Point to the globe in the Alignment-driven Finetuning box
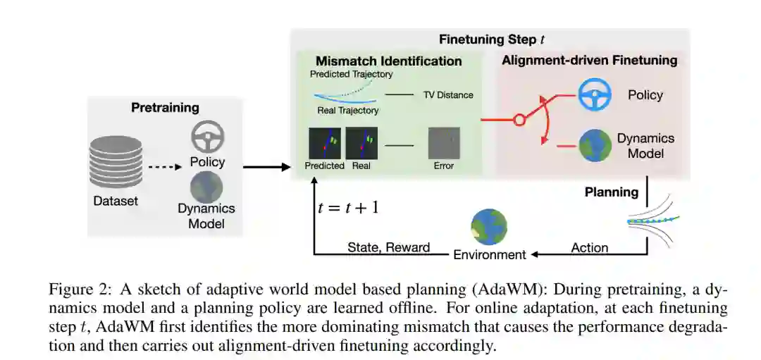(595, 145)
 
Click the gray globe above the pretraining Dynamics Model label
(206, 187)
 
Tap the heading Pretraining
(165, 108)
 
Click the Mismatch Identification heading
(388, 61)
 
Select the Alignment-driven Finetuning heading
(589, 60)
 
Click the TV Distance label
(448, 94)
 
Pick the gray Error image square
(444, 143)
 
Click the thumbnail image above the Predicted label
(324, 143)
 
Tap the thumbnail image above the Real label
(362, 143)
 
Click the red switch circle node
(519, 120)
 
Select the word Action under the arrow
(589, 247)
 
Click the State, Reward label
(388, 247)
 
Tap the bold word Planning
(612, 192)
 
